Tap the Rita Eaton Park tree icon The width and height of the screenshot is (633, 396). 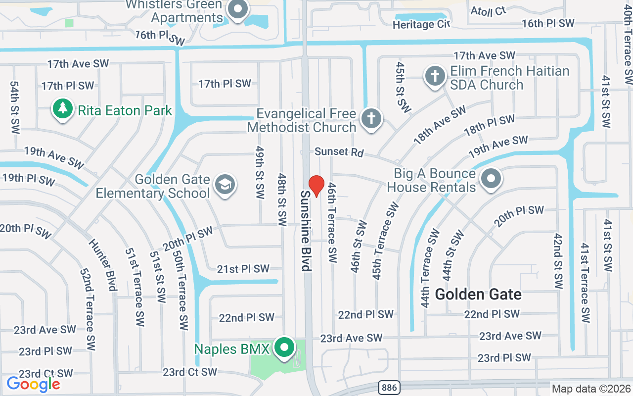coord(62,109)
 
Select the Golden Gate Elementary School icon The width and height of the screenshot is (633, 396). coord(225,185)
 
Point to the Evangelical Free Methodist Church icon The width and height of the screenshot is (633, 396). coord(370,119)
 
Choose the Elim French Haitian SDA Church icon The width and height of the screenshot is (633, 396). coord(435,77)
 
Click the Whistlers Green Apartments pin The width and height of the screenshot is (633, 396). coord(238,9)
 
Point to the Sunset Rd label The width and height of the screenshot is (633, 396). coord(339,151)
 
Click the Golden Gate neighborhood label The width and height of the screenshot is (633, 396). coord(478,295)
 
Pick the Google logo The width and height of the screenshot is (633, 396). coord(33,384)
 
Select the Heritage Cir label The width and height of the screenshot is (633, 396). coord(421,24)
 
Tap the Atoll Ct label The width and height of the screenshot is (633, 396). coord(488,11)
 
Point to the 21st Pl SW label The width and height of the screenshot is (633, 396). coord(243,269)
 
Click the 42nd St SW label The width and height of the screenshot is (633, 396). coord(558,261)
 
